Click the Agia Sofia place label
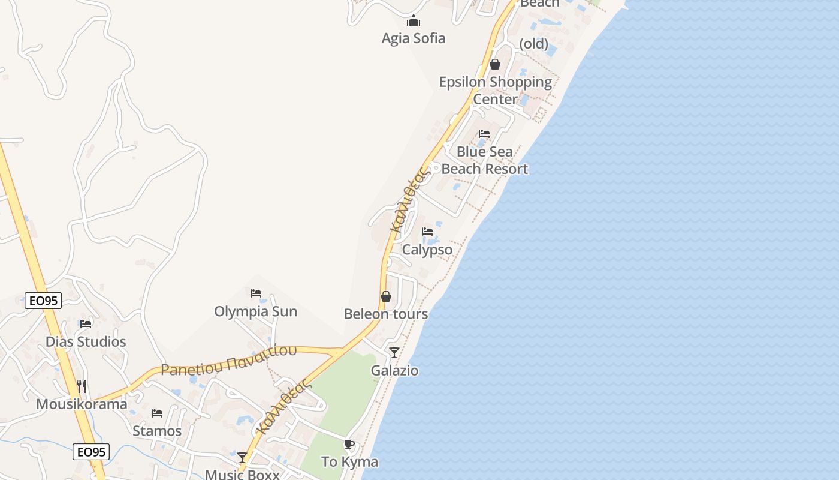tap(414, 38)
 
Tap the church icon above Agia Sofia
tap(414, 22)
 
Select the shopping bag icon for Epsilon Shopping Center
tap(495, 64)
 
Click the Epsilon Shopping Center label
tap(495, 90)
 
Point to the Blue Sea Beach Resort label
tap(485, 160)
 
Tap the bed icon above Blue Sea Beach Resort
tap(484, 134)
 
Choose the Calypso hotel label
tap(427, 250)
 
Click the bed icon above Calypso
tap(427, 231)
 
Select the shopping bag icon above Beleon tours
tap(386, 296)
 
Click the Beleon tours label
tap(386, 314)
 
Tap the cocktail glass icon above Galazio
tap(394, 352)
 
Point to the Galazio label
tap(394, 370)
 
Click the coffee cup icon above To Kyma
tap(349, 445)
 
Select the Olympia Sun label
tap(255, 311)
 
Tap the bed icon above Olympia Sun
tap(256, 293)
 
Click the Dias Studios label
tap(86, 341)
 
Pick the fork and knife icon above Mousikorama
tap(82, 386)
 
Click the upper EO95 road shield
tap(43, 301)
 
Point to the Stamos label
tap(157, 431)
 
